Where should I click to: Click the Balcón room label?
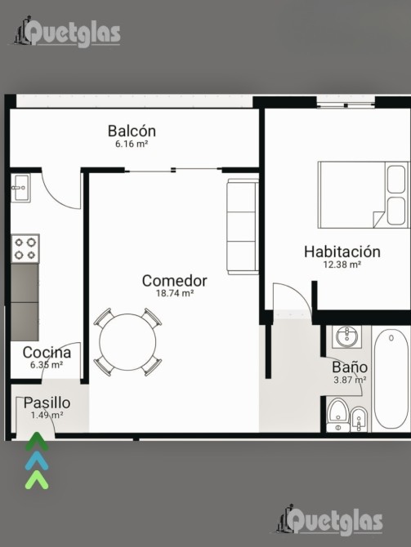point(132,131)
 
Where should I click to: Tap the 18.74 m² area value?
point(175,293)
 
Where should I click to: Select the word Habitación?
point(342,251)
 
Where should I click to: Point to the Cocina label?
point(47,353)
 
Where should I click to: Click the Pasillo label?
point(47,403)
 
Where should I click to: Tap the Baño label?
point(350,367)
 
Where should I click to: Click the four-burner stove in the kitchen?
point(25,248)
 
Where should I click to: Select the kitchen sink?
point(20,188)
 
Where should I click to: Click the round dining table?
point(127,342)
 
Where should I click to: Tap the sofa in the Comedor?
point(243,227)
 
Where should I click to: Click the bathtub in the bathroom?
point(391,379)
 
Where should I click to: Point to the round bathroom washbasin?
point(346,336)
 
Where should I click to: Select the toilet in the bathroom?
point(338,415)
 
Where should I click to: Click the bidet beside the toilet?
point(359,420)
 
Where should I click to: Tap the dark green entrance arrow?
point(37,441)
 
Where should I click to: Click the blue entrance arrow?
point(37,460)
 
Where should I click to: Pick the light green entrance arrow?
point(37,480)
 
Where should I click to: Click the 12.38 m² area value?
point(342,265)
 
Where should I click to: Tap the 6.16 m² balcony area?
point(132,144)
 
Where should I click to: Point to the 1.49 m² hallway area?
point(47,415)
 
